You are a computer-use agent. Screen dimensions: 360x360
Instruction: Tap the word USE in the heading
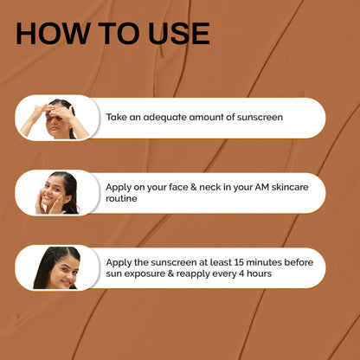point(179,34)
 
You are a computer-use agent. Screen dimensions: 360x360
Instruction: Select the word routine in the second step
point(121,198)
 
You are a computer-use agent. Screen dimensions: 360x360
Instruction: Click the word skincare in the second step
point(290,187)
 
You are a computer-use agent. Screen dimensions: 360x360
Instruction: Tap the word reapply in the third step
point(193,274)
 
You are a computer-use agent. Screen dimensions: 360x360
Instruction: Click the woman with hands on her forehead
point(55,119)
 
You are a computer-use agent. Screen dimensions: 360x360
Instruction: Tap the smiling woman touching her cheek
point(57,193)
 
